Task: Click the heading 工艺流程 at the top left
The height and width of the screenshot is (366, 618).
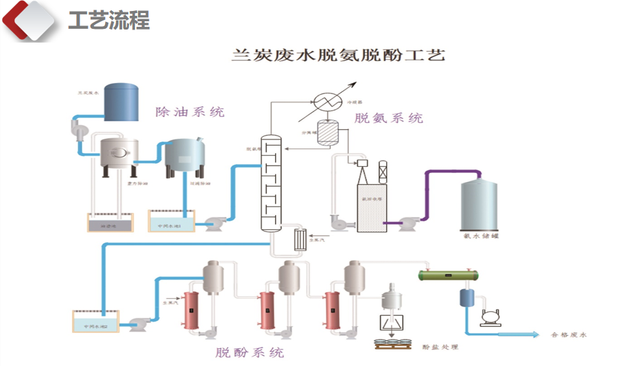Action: [108, 21]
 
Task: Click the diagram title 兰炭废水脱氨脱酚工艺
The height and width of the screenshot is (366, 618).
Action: [340, 56]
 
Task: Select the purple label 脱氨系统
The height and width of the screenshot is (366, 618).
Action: [389, 118]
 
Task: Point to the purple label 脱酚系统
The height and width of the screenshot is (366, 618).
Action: [249, 353]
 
